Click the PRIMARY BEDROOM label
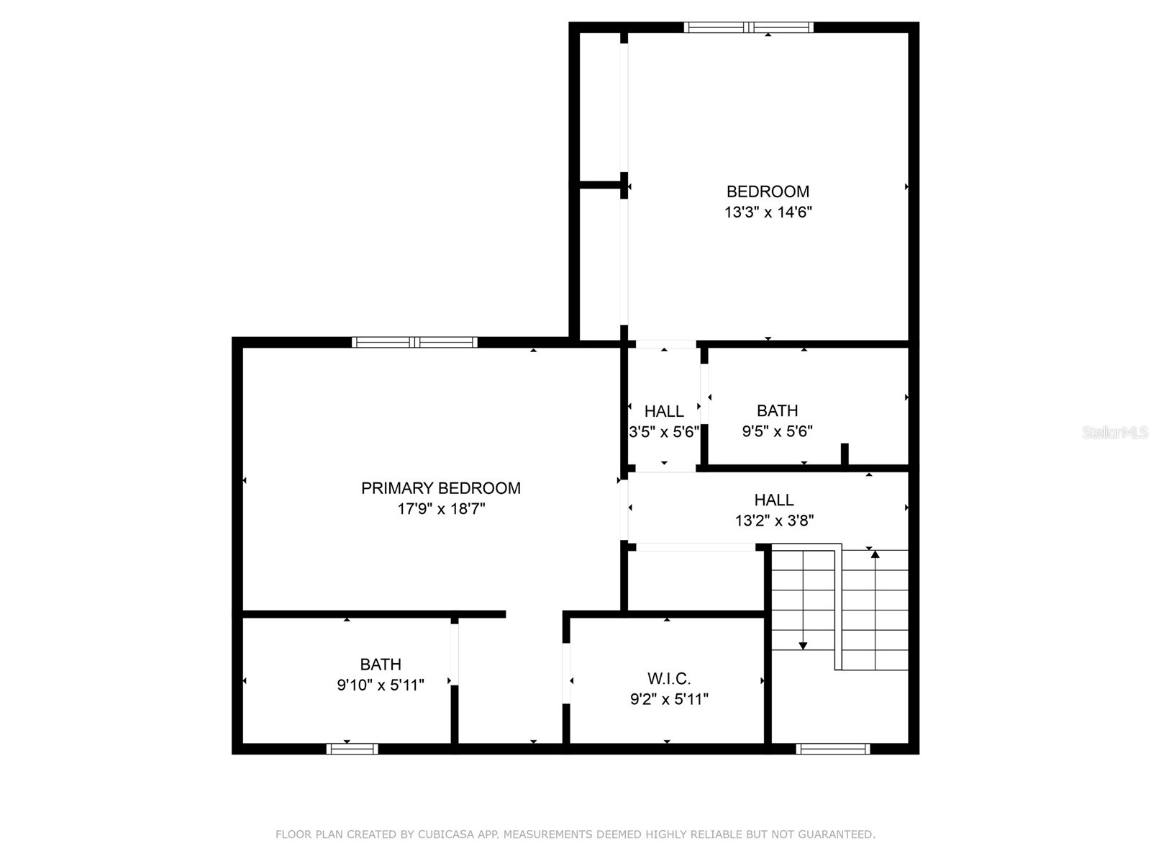click(440, 488)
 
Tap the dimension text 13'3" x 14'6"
click(768, 212)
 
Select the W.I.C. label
click(669, 678)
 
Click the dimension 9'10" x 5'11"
click(381, 685)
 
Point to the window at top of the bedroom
click(748, 27)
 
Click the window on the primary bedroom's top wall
click(414, 342)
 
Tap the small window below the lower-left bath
click(352, 749)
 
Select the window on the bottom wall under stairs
click(832, 749)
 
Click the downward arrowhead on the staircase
click(803, 646)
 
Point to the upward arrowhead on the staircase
click(875, 554)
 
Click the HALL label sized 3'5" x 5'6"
click(663, 411)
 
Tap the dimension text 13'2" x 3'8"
click(774, 521)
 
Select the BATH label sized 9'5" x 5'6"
click(777, 410)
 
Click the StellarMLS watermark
click(1115, 433)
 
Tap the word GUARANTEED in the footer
click(838, 834)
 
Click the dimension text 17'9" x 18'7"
click(441, 509)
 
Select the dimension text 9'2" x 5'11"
click(669, 699)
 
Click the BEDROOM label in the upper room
click(768, 192)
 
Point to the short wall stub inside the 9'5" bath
click(845, 454)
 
